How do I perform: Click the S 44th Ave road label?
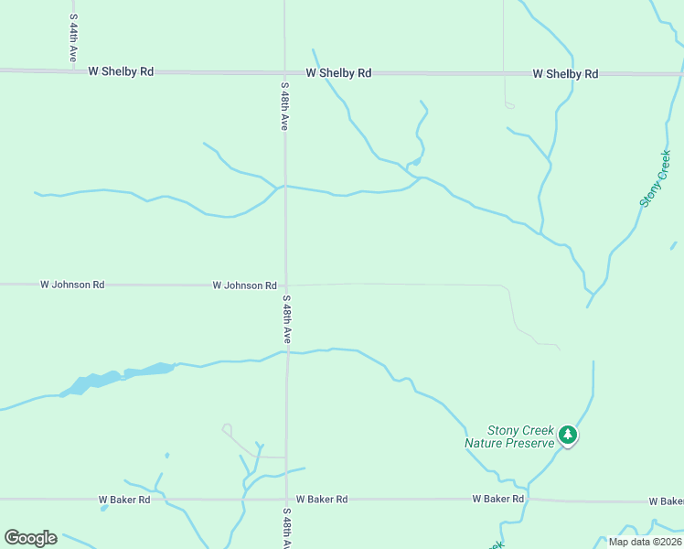tap(73, 38)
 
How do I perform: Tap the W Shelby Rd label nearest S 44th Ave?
tap(121, 71)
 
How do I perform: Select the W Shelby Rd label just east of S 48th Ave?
tap(338, 73)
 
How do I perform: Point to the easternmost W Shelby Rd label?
tap(565, 74)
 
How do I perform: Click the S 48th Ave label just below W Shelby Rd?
tap(285, 106)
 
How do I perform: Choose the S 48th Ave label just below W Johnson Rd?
tap(286, 319)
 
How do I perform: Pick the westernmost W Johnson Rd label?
tap(72, 285)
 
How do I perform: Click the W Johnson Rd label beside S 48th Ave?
tap(244, 285)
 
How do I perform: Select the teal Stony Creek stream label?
tap(656, 179)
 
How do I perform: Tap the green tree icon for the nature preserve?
tap(568, 435)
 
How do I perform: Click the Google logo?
tap(30, 538)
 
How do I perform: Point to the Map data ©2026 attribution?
tap(645, 542)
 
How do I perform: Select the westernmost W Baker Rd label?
tap(131, 500)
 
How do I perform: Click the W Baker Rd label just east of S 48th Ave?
tap(322, 500)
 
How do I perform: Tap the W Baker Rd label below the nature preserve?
tap(498, 499)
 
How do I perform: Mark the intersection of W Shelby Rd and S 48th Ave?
tap(284, 72)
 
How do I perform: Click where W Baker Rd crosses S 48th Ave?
tap(286, 500)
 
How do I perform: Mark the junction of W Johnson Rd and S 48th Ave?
tap(285, 285)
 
